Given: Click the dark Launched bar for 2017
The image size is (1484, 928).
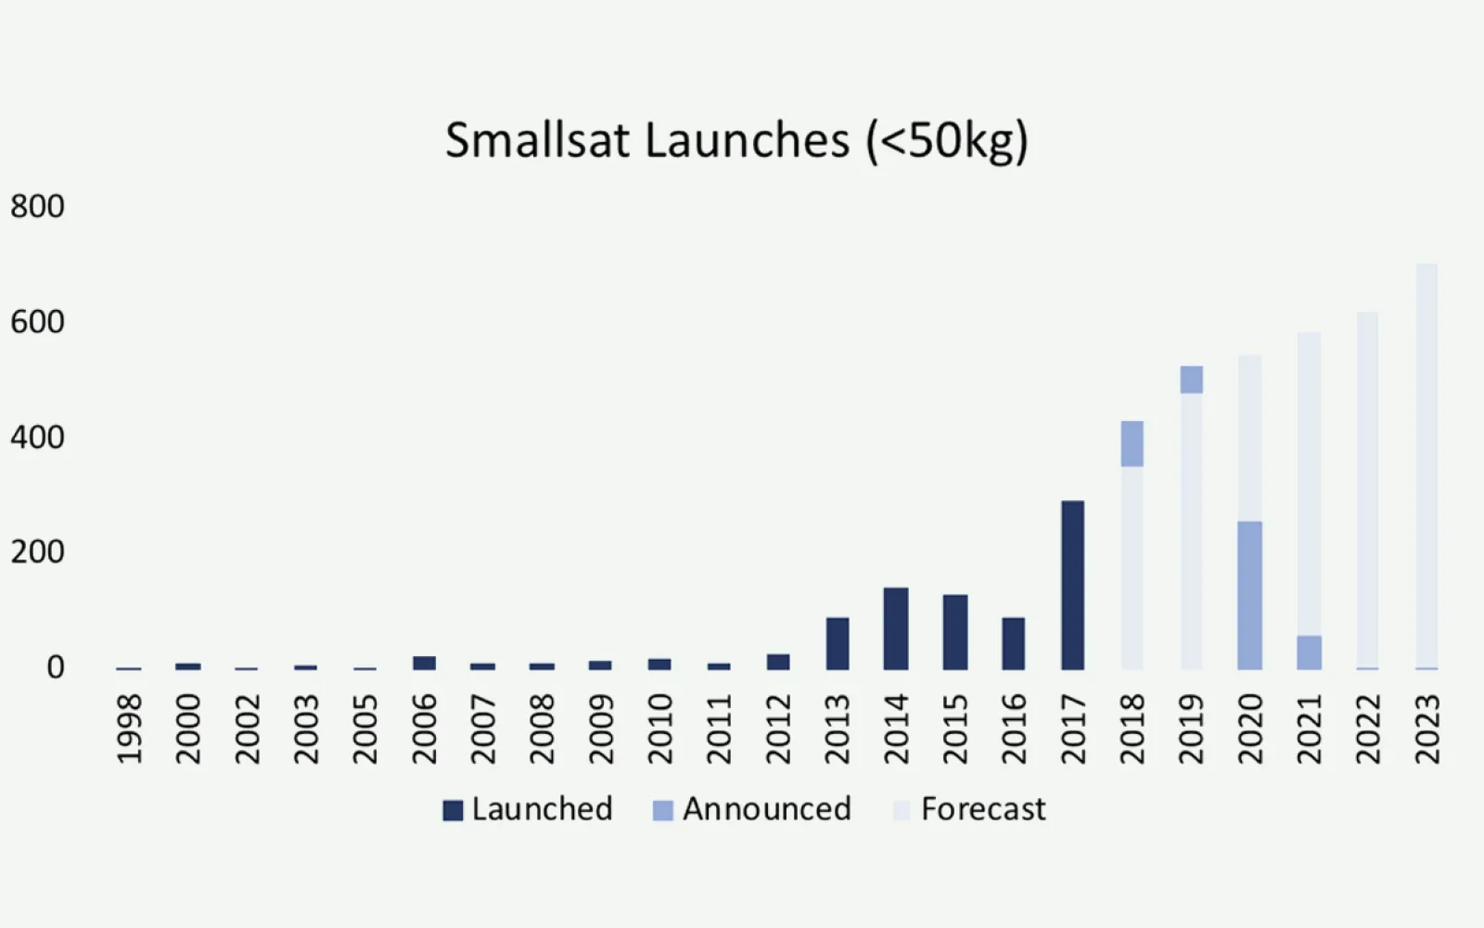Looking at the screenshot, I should pos(1072,585).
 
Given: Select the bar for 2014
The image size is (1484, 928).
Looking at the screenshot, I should pos(896,628).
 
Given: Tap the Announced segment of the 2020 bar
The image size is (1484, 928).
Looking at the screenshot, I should pos(1249,595).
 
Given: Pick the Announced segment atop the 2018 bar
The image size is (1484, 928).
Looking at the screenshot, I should pos(1132,444).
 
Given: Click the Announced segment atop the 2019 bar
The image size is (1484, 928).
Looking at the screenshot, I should pos(1191,380).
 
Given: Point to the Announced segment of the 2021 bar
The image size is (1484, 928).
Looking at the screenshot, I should pos(1309,652).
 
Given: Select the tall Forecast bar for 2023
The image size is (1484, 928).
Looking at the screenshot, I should pos(1426,464).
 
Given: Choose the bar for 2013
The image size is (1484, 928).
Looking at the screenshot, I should pos(837,643).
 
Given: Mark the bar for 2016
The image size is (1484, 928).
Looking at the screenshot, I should pos(1014,643).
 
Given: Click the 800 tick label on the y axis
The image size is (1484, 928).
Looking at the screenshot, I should pos(37,206).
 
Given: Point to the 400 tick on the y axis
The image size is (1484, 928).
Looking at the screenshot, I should pos(37,437).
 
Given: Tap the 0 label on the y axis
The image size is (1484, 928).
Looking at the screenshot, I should pos(56,667).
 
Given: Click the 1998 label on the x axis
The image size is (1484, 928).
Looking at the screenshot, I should pos(130,729).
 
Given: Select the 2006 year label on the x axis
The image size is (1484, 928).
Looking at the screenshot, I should pos(424,729).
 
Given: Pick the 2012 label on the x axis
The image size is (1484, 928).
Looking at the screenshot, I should pos(778,729).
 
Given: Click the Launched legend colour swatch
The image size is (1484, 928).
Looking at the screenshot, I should pos(453,810).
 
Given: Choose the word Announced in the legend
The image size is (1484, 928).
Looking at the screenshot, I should pos(767,809).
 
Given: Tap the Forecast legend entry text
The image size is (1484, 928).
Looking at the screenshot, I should pos(983,809).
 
